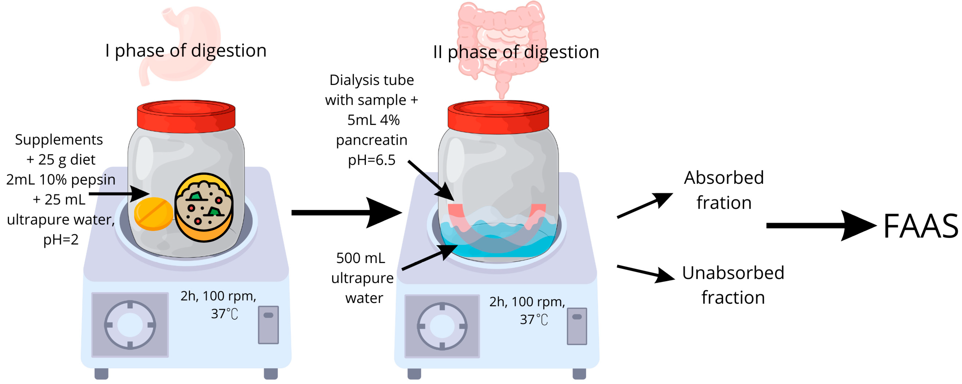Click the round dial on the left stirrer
(130, 325)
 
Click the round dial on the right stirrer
(442, 326)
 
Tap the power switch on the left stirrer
(268, 325)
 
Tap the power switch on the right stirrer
(577, 326)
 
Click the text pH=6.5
(371, 160)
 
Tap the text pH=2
(61, 239)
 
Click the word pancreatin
(371, 140)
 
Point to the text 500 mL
(360, 258)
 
